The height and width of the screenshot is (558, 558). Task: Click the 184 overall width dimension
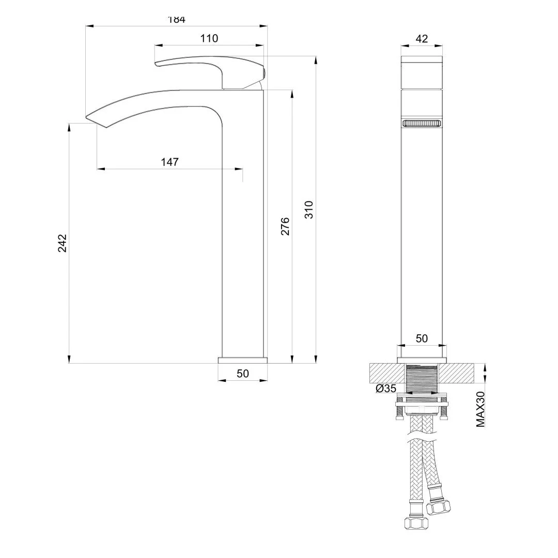coord(176,20)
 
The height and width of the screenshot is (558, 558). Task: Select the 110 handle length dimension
coord(209,38)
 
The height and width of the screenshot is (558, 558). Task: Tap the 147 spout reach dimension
coord(169,162)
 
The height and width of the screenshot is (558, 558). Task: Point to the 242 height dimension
coord(63,243)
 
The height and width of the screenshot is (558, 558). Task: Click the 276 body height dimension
coord(285,226)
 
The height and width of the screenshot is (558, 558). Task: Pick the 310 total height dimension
coord(309,209)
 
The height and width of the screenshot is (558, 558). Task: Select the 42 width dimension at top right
coord(422,39)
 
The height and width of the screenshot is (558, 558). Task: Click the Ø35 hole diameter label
coord(386,389)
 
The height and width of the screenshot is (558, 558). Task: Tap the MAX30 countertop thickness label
coord(481,408)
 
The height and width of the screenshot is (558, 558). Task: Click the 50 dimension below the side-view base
coord(243,374)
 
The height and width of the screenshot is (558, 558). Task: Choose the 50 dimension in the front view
coord(422,338)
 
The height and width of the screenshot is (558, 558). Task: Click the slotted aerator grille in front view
coord(422,123)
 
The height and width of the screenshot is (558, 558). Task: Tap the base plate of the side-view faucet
coord(243,360)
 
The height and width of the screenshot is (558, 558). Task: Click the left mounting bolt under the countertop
coord(398,411)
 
